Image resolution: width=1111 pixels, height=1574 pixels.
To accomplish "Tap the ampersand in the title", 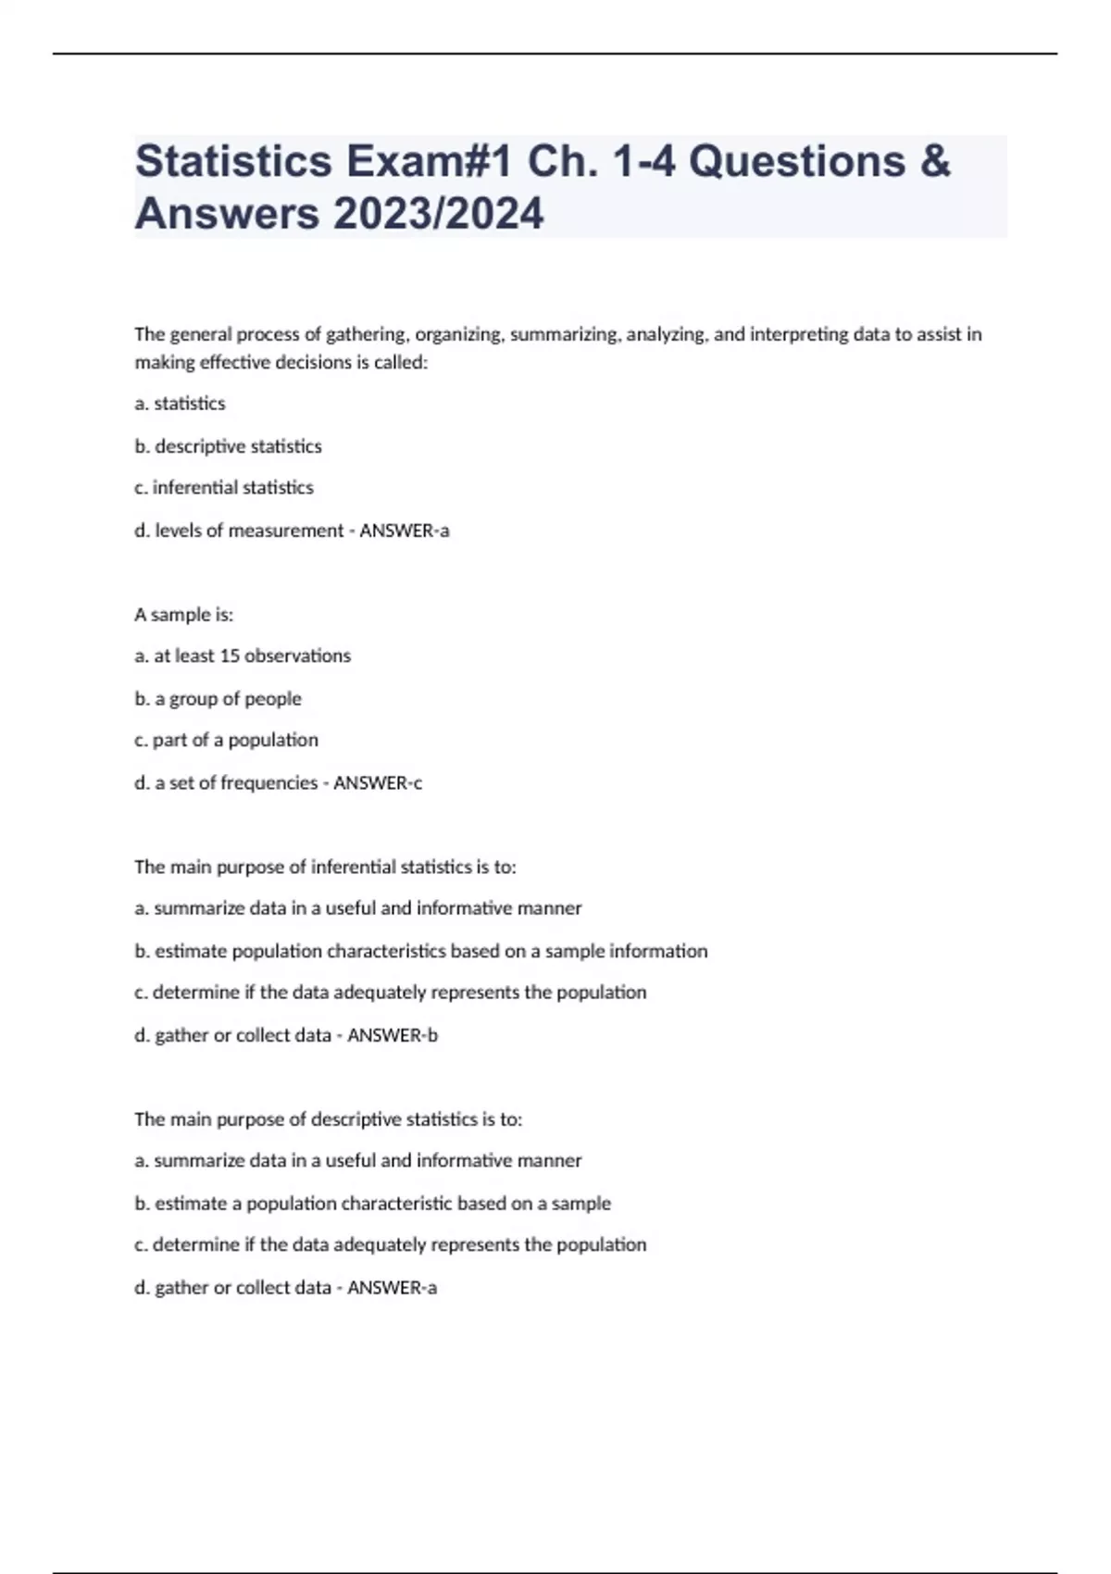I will point(935,161).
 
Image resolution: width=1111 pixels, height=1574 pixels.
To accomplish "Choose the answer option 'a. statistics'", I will point(181,404).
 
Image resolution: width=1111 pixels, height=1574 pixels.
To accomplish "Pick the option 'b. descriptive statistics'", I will point(229,446).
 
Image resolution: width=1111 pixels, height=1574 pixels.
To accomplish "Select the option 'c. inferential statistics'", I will point(224,488).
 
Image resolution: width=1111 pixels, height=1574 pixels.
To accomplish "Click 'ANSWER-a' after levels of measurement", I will point(405,531).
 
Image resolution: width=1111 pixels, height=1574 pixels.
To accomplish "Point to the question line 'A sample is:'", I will point(184,615).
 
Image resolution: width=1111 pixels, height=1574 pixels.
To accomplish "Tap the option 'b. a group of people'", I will point(218,699).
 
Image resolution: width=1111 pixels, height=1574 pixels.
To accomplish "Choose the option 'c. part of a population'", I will point(227,741).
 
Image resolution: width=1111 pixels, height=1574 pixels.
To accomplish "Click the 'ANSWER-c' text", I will point(378,783).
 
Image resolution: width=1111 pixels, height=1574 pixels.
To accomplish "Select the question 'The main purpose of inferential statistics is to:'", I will point(325,868).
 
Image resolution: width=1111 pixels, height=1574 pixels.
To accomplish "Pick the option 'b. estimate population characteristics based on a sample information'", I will point(421,952).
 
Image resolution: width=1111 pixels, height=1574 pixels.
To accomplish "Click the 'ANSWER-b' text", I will point(393,1036).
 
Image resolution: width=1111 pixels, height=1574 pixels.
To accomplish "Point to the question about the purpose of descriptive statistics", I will point(329,1119).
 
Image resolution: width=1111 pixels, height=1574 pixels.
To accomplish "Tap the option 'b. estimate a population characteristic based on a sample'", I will point(373,1204).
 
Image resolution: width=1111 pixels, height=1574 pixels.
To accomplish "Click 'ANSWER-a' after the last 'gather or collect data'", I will point(392,1288).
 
